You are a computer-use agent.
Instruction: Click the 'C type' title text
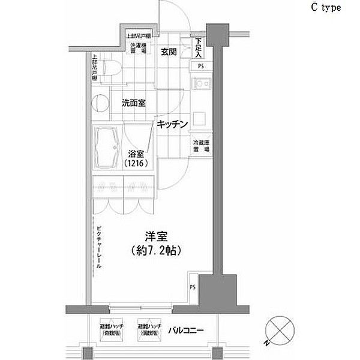[325, 8]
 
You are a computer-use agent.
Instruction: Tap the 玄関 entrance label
[168, 52]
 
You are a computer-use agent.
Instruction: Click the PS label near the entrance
[199, 67]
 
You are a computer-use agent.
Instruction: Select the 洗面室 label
[134, 102]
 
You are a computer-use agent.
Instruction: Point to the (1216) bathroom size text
[137, 163]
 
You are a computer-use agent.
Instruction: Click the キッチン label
[173, 124]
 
